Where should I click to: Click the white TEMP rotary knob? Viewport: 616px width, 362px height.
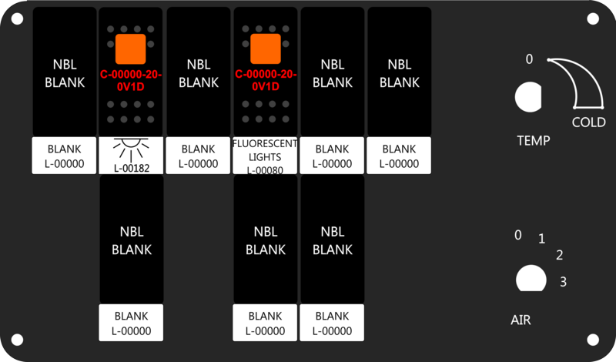pyautogui.click(x=528, y=97)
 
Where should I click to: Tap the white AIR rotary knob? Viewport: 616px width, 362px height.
pyautogui.click(x=531, y=279)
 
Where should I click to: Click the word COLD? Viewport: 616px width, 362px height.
pyautogui.click(x=588, y=122)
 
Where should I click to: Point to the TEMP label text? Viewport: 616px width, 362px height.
pyautogui.click(x=534, y=141)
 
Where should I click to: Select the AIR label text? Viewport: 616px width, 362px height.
pyautogui.click(x=521, y=320)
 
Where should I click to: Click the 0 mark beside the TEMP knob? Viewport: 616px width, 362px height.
pyautogui.click(x=529, y=59)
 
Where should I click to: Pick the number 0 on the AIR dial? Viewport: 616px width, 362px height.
pyautogui.click(x=518, y=235)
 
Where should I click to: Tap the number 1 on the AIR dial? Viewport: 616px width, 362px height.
pyautogui.click(x=542, y=239)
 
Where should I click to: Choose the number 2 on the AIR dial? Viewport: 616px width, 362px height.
pyautogui.click(x=560, y=255)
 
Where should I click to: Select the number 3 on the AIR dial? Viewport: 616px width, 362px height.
pyautogui.click(x=564, y=282)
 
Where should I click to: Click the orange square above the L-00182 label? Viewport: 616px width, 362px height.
pyautogui.click(x=130, y=49)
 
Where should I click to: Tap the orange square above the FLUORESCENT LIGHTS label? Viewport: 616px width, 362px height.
pyautogui.click(x=266, y=49)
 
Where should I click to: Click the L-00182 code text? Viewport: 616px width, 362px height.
pyautogui.click(x=132, y=168)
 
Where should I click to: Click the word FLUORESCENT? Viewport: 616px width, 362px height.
pyautogui.click(x=265, y=144)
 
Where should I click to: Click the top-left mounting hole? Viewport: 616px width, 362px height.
pyautogui.click(x=17, y=18)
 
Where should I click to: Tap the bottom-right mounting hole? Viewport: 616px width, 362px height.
pyautogui.click(x=593, y=340)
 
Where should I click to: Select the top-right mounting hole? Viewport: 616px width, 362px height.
pyautogui.click(x=593, y=18)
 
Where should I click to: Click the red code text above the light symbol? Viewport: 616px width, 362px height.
pyautogui.click(x=131, y=81)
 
